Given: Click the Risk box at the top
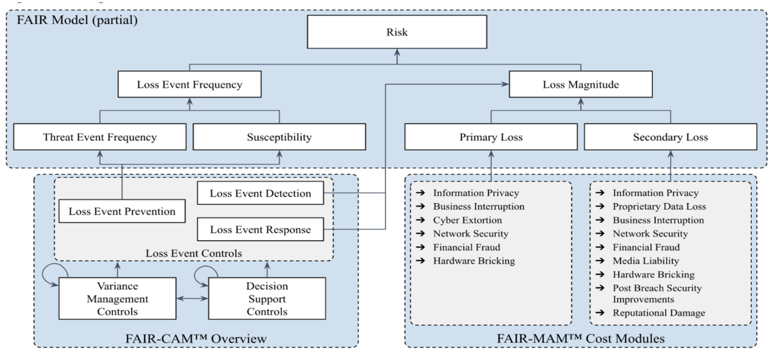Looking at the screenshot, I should (x=397, y=32).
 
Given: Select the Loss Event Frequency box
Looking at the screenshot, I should (x=189, y=84).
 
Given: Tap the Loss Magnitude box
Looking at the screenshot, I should (x=581, y=84).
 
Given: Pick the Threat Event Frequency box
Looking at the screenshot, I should (x=100, y=137).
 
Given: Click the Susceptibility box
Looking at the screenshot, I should (x=279, y=137).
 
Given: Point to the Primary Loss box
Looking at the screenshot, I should (x=491, y=137).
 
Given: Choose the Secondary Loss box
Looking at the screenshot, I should (x=670, y=137).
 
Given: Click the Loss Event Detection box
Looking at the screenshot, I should (x=260, y=193).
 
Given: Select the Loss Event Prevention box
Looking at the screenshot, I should (x=122, y=211).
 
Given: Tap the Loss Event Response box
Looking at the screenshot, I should (x=260, y=230).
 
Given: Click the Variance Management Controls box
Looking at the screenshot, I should (x=117, y=299).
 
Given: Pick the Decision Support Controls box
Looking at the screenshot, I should (x=267, y=299).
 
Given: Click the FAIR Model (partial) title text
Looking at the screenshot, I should (x=77, y=20).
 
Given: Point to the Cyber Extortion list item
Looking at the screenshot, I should (x=467, y=220).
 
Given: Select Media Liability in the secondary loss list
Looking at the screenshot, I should (x=646, y=261).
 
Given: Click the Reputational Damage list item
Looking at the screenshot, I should (x=659, y=313).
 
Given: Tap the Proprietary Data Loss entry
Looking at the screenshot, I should (x=659, y=206).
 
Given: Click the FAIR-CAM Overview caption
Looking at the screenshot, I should (x=196, y=339).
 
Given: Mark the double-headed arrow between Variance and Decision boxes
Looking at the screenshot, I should (x=192, y=299).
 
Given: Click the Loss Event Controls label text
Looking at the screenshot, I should (x=194, y=253).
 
